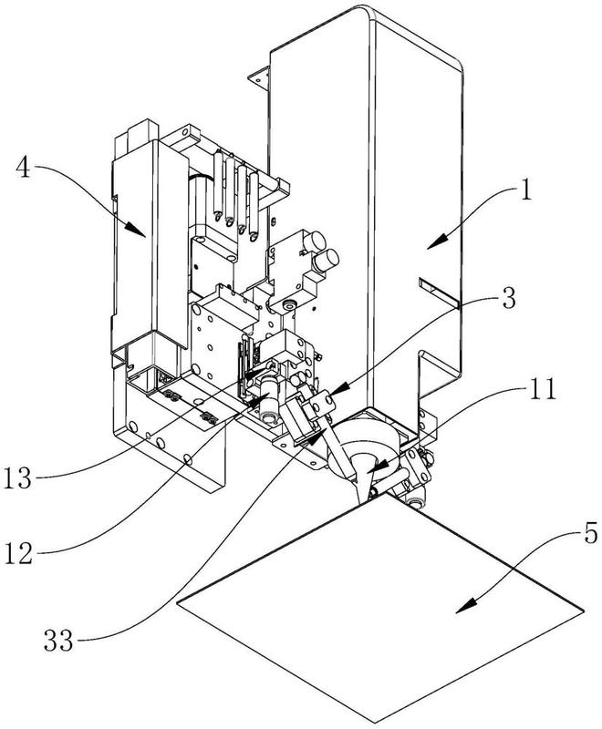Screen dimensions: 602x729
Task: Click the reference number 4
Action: tap(24, 168)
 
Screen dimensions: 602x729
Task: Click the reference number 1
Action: tap(525, 190)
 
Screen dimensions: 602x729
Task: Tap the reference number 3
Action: tap(509, 298)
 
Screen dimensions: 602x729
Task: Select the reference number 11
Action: tap(542, 390)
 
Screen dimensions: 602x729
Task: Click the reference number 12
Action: tap(18, 553)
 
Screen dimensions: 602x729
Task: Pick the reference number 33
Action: tap(58, 642)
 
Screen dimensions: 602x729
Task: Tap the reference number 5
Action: tap(590, 534)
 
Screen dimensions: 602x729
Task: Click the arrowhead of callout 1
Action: tap(436, 241)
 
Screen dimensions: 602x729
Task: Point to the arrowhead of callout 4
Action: tap(137, 230)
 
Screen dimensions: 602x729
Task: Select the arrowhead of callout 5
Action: tap(466, 606)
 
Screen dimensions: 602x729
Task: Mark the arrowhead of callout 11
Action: tap(376, 467)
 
